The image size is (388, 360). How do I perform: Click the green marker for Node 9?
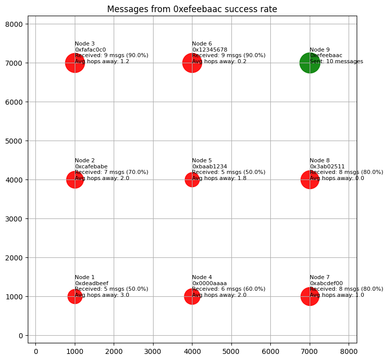tap(310, 63)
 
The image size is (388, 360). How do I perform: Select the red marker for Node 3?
tap(75, 63)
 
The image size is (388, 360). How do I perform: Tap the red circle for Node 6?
tap(192, 63)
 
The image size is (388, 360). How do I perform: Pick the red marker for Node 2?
tap(75, 179)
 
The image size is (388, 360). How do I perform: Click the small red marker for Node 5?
tap(192, 179)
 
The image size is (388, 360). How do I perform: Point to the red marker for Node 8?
tap(310, 179)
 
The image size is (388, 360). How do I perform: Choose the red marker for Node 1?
tap(75, 296)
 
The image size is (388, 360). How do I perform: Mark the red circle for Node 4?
tap(192, 296)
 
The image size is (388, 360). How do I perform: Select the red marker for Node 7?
tap(310, 296)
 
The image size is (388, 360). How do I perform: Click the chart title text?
tap(192, 9)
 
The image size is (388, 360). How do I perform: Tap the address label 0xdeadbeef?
tap(91, 283)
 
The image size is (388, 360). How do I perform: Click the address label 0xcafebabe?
tap(91, 166)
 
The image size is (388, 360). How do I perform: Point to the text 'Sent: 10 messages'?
tap(336, 62)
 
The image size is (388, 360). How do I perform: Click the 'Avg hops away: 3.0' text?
tap(102, 295)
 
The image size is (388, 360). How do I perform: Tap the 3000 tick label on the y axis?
tap(15, 219)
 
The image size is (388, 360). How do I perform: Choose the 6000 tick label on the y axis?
tap(15, 102)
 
